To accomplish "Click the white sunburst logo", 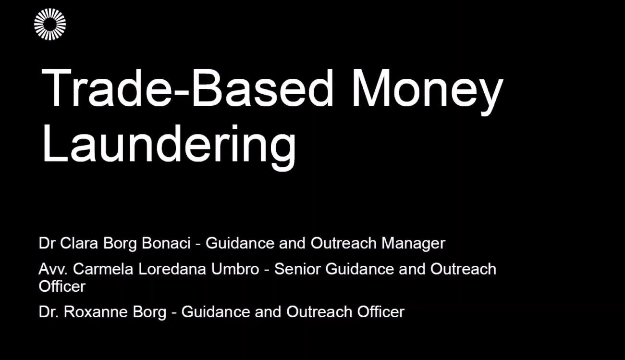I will (x=50, y=24).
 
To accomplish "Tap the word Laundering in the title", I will (x=169, y=144).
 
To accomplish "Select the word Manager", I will (x=413, y=243).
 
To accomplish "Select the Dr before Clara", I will (x=47, y=243).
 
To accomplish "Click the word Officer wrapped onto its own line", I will (x=62, y=286).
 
